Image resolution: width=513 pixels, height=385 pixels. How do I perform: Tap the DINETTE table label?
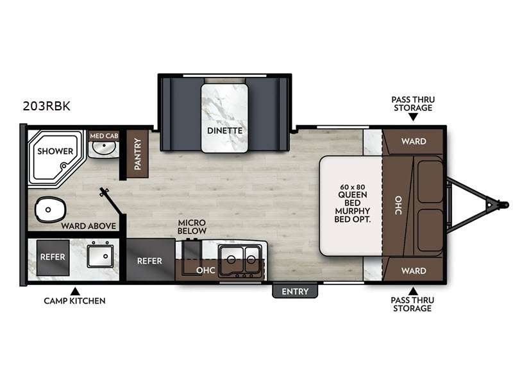click(x=224, y=130)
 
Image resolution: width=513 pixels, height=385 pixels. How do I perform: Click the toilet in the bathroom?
click(x=49, y=209)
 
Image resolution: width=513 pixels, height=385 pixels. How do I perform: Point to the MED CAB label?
click(x=103, y=135)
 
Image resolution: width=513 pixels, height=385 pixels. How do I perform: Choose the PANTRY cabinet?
click(x=137, y=154)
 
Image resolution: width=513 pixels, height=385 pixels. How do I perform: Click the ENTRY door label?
click(x=294, y=291)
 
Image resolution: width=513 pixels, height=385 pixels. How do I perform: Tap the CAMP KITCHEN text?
click(x=74, y=300)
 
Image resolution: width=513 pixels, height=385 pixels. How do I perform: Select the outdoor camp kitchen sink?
click(x=101, y=256)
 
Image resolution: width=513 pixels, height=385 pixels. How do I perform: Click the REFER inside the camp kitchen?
click(x=53, y=256)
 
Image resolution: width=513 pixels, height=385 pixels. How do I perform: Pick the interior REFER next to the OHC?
click(x=149, y=261)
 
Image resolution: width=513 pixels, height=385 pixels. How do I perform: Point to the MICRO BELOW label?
click(x=192, y=226)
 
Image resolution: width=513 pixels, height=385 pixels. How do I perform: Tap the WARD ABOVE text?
click(x=88, y=226)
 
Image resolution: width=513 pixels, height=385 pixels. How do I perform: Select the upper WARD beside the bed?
click(x=413, y=141)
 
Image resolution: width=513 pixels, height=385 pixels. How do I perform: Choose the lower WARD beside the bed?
click(x=413, y=270)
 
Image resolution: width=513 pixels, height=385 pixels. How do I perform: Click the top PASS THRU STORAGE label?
click(x=412, y=103)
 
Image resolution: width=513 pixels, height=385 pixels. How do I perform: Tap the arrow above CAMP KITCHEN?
click(x=74, y=290)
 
